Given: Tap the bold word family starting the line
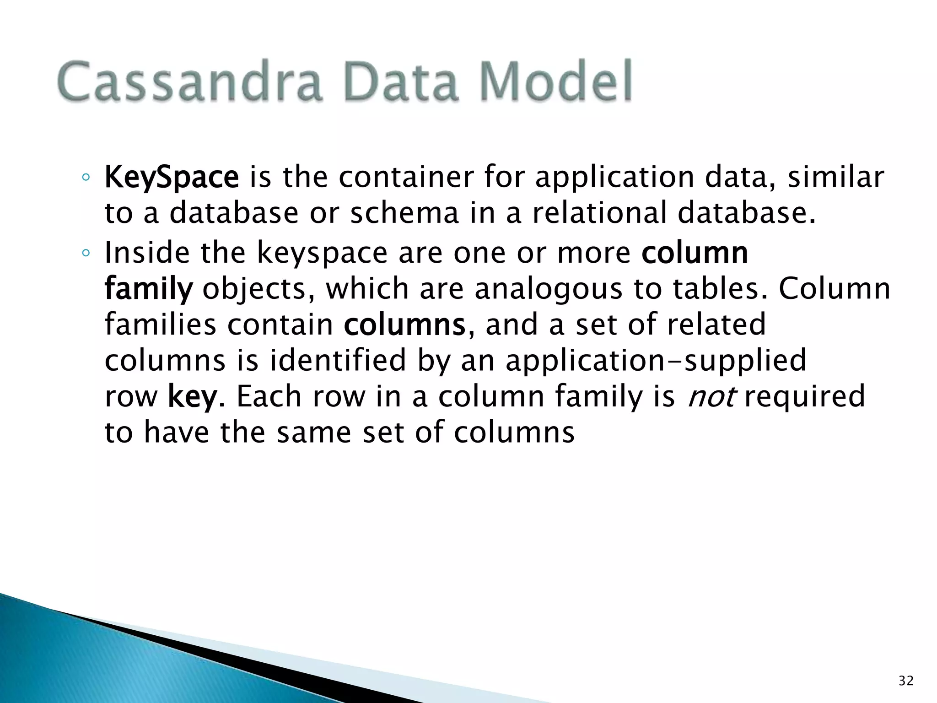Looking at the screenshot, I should (x=149, y=289).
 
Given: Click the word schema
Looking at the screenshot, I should (x=404, y=213).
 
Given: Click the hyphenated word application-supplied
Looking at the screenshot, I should (x=656, y=361).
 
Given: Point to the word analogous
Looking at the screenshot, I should (x=549, y=289).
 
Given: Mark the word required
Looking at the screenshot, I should (x=805, y=396).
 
